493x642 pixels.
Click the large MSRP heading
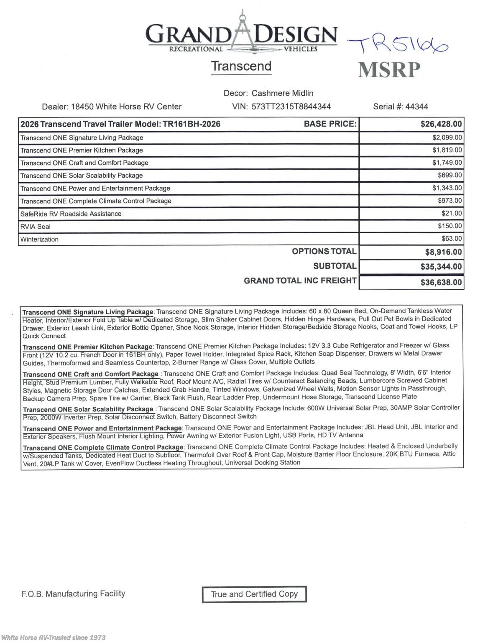pos(389,70)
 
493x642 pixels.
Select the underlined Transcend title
pos(241,66)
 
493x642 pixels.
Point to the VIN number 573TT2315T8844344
pos(291,107)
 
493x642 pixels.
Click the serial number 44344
pos(416,107)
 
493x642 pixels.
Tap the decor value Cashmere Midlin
pos(282,93)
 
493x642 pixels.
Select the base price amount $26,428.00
pos(441,124)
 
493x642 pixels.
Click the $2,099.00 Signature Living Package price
pos(447,138)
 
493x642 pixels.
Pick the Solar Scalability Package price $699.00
pos(450,175)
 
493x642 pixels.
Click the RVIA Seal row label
pos(36,227)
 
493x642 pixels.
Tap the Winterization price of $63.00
pos(452,239)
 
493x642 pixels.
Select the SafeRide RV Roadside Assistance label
pos(71,214)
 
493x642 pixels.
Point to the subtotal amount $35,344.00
pos(441,267)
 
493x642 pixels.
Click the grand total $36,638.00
pos(441,283)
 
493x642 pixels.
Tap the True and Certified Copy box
pos(254,594)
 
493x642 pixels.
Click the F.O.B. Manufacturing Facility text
pos(74,594)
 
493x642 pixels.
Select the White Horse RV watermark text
pos(54,637)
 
